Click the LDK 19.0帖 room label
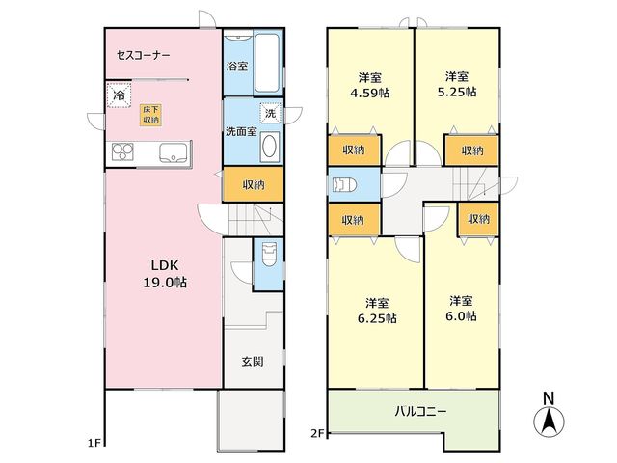coord(165,274)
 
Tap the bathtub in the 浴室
coord(267,63)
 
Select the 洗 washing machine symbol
coord(270,113)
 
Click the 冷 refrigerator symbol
coord(119,95)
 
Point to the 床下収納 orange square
coord(150,115)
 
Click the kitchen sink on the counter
coord(174,152)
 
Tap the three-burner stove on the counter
coord(122,152)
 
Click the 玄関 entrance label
coord(253,362)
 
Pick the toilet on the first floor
coord(269,254)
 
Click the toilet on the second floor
coord(344,184)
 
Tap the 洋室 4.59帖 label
coord(370,85)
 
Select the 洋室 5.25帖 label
coord(457,84)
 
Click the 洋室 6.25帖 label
coord(377,311)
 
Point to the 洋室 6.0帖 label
coord(461,309)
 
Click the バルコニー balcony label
coord(420,412)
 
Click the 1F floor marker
coord(94,444)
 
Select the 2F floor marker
coord(317,433)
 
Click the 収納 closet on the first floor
coord(254,184)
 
